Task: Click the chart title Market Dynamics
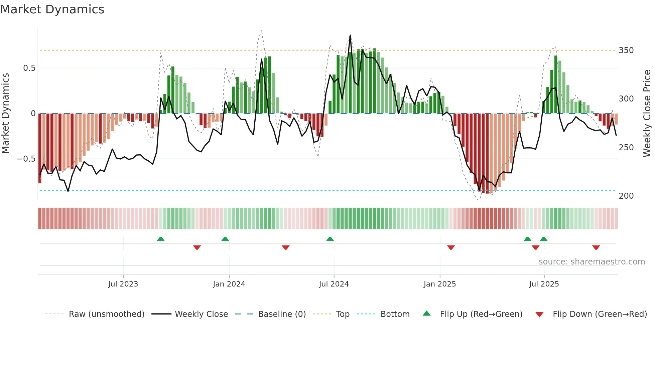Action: point(52,9)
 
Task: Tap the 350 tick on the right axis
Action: point(626,50)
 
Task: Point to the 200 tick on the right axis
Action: point(626,196)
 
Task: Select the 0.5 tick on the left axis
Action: point(29,68)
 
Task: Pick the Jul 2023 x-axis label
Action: point(123,284)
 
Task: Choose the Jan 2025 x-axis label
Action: point(439,284)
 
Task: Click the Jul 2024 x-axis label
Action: point(334,284)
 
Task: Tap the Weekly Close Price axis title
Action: point(647,114)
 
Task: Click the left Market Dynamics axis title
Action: point(5,114)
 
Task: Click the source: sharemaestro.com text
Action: point(592,262)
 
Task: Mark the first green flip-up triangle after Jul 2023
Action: point(161,239)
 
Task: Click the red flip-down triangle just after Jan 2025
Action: point(451,247)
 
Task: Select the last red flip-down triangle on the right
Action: point(596,247)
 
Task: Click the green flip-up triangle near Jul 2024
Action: point(330,239)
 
